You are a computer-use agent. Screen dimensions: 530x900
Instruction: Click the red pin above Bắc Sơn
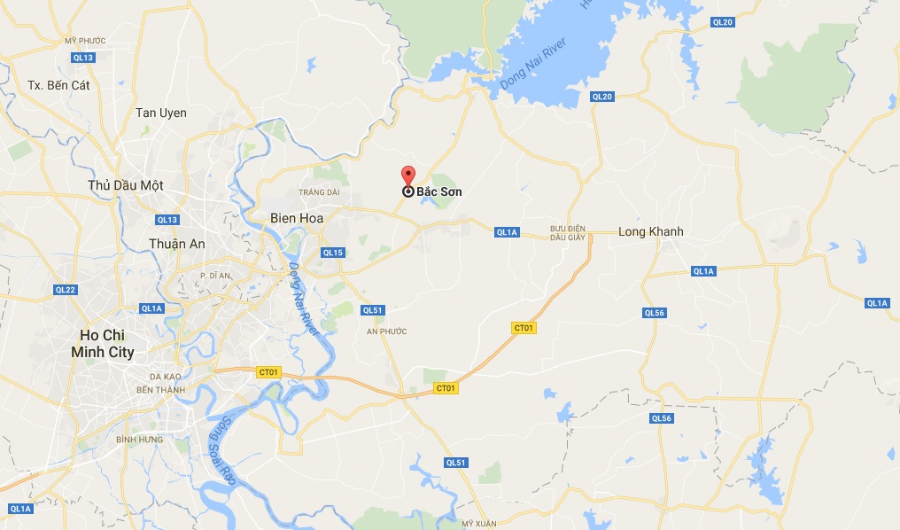click(407, 175)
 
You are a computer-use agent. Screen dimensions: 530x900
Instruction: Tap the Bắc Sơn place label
click(439, 191)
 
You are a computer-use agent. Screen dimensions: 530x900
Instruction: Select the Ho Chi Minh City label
click(107, 343)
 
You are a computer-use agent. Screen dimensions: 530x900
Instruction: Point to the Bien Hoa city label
click(297, 217)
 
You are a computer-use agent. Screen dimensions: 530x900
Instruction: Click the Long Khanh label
click(650, 231)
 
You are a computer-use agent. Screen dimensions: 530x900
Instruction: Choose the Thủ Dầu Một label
click(126, 185)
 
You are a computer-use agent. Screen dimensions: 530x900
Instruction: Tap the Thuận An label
click(177, 244)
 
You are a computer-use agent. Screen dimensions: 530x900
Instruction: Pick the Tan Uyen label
click(160, 113)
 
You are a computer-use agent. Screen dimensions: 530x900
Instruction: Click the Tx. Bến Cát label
click(59, 85)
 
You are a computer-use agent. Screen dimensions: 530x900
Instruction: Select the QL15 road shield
click(332, 253)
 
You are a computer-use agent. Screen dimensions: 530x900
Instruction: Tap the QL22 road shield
click(66, 290)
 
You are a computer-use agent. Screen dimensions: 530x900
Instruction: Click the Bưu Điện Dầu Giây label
click(569, 233)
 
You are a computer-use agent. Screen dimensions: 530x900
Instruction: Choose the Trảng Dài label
click(319, 191)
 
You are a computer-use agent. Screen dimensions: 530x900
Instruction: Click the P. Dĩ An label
click(214, 276)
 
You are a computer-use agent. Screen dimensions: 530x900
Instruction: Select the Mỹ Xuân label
click(480, 524)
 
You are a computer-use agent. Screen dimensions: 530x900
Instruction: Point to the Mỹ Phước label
click(84, 41)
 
